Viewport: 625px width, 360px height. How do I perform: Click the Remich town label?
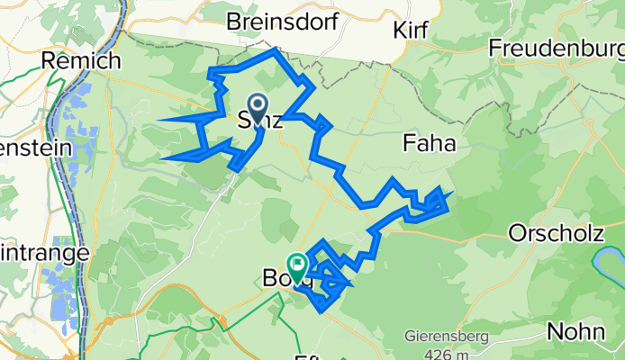click(x=81, y=61)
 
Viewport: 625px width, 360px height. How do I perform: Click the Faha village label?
click(x=430, y=142)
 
